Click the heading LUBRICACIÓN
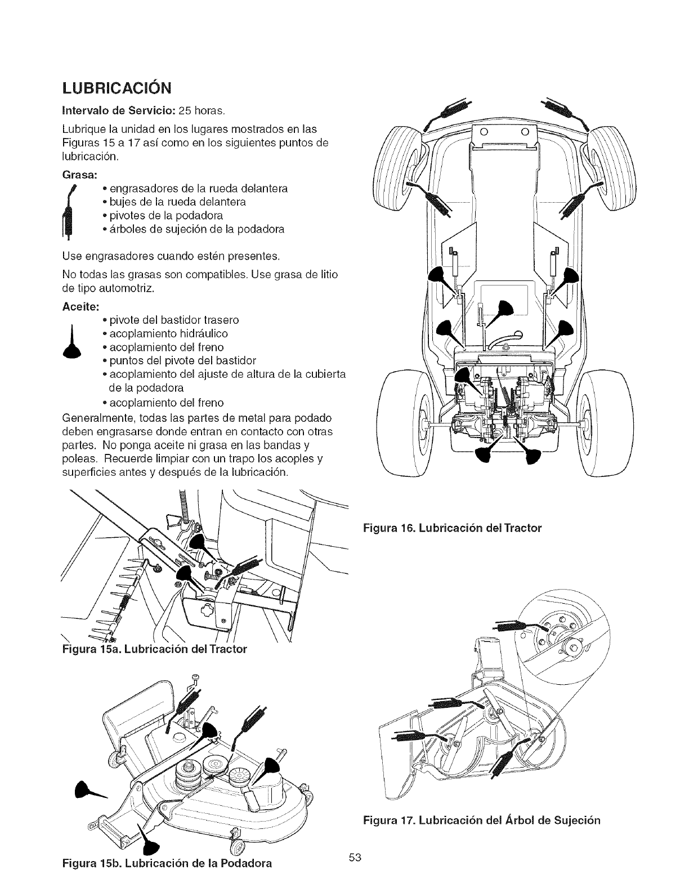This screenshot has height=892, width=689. pyautogui.click(x=117, y=89)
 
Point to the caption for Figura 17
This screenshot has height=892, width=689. pyautogui.click(x=480, y=819)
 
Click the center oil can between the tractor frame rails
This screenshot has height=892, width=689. pyautogui.click(x=503, y=310)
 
